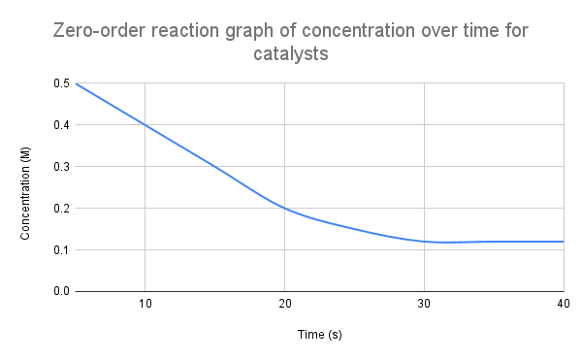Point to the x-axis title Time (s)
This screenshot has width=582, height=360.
pos(320,335)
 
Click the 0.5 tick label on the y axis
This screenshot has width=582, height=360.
pos(61,83)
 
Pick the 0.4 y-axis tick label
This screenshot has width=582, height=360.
pos(61,125)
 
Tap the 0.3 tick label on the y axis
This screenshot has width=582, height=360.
pos(61,167)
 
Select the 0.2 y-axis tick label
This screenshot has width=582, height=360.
pos(61,209)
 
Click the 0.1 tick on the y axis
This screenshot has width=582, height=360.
pos(61,250)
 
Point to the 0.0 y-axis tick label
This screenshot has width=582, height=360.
pos(61,291)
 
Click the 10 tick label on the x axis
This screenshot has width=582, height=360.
pos(145,305)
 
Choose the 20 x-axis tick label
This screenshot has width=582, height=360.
pos(284,305)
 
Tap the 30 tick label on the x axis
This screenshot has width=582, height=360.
pos(424,305)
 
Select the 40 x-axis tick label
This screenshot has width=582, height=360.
pos(561,305)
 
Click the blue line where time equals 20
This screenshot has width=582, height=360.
pos(284,209)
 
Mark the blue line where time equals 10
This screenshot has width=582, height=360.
pos(145,125)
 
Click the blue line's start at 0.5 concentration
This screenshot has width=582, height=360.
pos(76,83)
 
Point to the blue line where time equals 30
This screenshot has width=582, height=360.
pos(424,242)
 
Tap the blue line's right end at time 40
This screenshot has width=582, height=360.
pos(563,242)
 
